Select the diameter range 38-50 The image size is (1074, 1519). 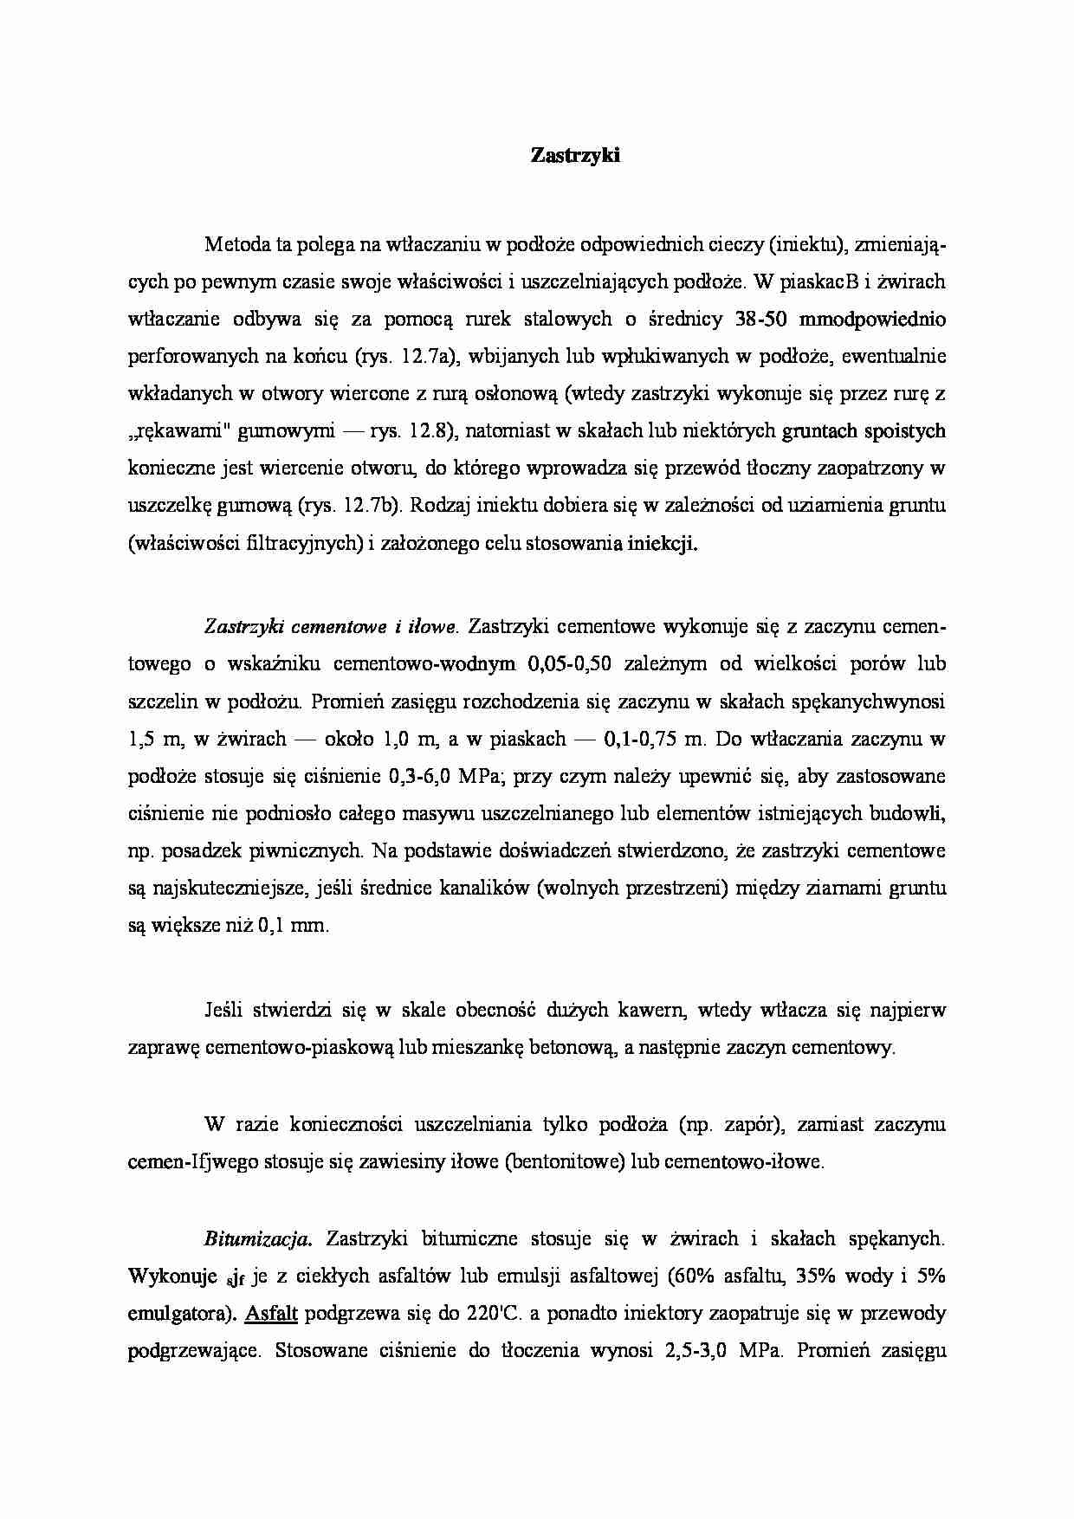point(760,320)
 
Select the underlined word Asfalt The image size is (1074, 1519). point(271,1314)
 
